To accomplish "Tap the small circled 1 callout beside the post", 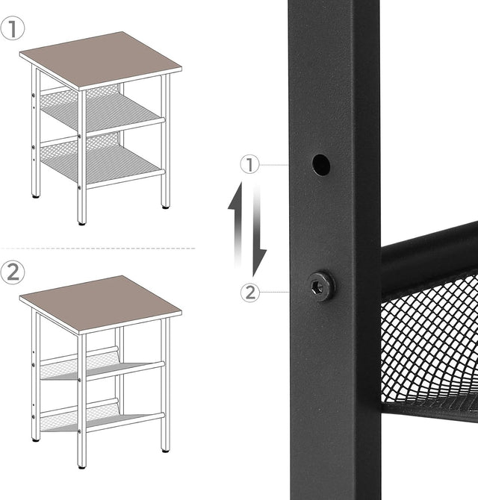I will click(x=251, y=165).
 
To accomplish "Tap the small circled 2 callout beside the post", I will click(x=251, y=293).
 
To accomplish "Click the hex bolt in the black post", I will click(x=321, y=284).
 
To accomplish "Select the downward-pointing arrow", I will click(x=258, y=231).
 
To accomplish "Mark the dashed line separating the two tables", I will click(x=97, y=248).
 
